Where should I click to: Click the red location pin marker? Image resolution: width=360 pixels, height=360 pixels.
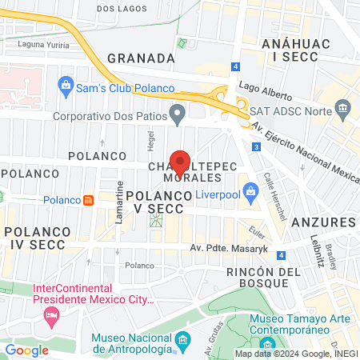click(180, 162)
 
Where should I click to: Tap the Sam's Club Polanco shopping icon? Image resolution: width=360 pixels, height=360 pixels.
click(64, 84)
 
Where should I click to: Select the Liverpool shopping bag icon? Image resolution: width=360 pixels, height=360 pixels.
click(251, 191)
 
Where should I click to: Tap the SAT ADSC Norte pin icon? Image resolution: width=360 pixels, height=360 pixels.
click(239, 110)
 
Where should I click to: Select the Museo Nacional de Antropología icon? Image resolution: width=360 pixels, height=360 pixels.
click(182, 342)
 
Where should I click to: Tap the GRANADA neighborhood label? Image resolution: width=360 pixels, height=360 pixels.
click(141, 58)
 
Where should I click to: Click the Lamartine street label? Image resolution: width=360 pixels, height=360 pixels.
click(118, 211)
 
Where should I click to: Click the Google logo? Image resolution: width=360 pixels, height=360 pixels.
click(27, 350)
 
